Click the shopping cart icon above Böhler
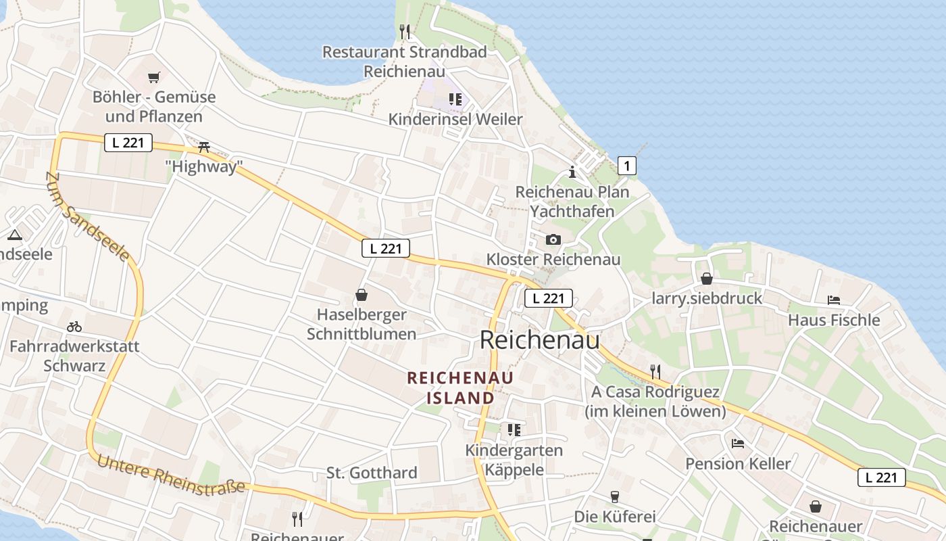pos(154,77)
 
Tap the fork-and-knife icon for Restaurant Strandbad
pos(405,31)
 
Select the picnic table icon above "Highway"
pos(204,147)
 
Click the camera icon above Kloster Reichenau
pos(553,239)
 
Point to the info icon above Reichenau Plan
pos(572,172)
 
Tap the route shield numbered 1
pos(627,165)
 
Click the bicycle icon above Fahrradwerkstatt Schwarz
pos(74,327)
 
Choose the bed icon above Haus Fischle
pos(834,300)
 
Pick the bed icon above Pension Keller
pos(738,444)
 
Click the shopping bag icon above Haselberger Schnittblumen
pos(362,295)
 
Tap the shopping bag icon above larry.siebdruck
pos(706,278)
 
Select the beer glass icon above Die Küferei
pos(614,497)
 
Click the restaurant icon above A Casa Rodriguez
pos(654,371)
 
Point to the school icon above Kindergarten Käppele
pos(514,429)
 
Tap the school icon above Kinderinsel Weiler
pos(455,99)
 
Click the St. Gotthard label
pos(372,473)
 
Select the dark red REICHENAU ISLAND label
pos(460,387)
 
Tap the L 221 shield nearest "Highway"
pos(128,143)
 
